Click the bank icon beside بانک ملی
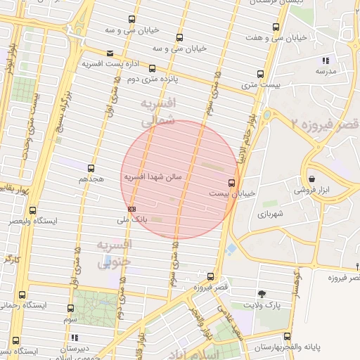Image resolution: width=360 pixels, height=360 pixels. (131, 209)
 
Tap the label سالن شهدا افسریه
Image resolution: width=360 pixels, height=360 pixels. (153, 176)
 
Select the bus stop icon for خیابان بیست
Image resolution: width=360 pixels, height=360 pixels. (233, 183)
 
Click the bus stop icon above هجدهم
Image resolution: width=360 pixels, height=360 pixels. (91, 168)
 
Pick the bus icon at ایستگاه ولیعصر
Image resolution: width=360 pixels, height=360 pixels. (32, 210)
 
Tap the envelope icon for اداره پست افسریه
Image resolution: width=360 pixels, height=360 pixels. (110, 53)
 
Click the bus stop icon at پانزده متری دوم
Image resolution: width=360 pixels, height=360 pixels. (152, 68)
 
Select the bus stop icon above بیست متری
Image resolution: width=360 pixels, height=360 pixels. (260, 74)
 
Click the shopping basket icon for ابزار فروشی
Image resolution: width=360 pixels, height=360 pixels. (311, 179)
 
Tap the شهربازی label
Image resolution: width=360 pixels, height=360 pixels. (269, 213)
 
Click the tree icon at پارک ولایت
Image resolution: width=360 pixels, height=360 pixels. (262, 294)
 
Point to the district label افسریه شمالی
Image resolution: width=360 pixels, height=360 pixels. (158, 112)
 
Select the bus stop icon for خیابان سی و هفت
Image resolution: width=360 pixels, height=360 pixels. (288, 27)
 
